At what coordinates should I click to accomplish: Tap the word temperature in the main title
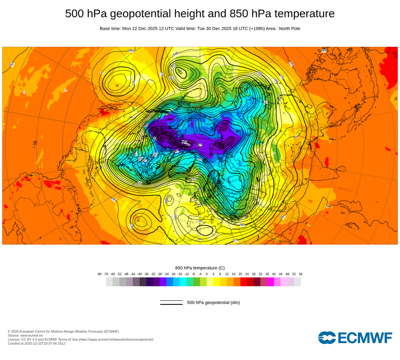(x=304, y=14)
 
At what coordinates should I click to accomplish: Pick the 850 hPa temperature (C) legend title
(x=200, y=268)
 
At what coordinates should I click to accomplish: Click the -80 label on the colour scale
(x=99, y=274)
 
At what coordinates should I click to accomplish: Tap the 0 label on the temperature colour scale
(x=207, y=274)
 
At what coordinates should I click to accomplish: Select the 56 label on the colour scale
(x=300, y=274)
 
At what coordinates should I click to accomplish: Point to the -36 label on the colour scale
(x=146, y=274)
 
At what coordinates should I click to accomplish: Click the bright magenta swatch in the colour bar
(x=270, y=282)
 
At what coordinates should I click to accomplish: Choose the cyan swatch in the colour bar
(x=183, y=282)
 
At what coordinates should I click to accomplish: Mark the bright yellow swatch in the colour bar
(x=217, y=282)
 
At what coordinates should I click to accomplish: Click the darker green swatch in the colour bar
(x=196, y=282)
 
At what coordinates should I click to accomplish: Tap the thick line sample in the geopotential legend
(x=171, y=304)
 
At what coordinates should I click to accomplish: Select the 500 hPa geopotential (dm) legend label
(x=213, y=302)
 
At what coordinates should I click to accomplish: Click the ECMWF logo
(x=355, y=338)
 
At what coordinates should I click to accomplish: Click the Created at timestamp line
(x=36, y=343)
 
